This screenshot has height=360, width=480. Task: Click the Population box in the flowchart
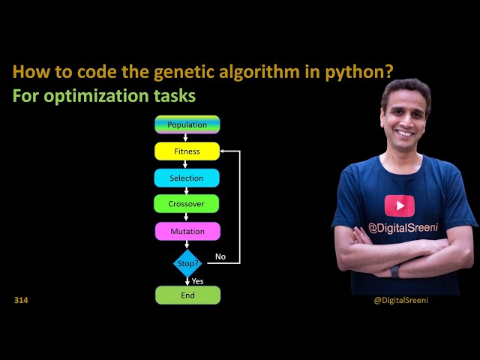[x=187, y=124]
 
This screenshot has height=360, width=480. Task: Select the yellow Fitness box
[x=187, y=151]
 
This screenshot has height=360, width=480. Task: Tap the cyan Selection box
[x=187, y=178]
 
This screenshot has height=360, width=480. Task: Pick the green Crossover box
[x=187, y=204]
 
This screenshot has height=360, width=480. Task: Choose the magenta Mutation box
[x=187, y=231]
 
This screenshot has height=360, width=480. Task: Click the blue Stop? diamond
[x=187, y=263]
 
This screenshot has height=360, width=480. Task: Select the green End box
[x=187, y=295]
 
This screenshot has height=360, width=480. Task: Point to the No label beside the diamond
[x=220, y=256]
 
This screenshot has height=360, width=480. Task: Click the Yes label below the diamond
[x=198, y=280]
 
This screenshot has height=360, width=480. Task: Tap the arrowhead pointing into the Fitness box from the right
[x=223, y=151]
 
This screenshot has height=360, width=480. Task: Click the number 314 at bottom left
[x=21, y=300]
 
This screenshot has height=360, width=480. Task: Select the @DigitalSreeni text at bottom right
[x=400, y=300]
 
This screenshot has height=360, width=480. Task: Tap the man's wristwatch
[x=394, y=271]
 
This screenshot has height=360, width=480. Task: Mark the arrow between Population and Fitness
[x=187, y=137]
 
